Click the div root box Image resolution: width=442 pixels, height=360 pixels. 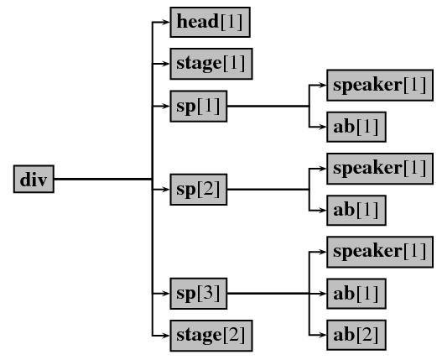(x=34, y=179)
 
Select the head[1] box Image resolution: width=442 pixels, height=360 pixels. (x=210, y=22)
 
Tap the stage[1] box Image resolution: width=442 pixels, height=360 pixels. (x=211, y=64)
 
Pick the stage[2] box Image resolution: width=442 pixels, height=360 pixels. (x=211, y=336)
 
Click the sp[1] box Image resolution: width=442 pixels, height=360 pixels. (x=199, y=107)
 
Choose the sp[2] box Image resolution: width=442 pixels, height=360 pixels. (x=199, y=190)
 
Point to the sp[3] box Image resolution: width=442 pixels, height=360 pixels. (x=199, y=294)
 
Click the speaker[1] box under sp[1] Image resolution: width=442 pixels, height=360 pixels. (x=380, y=85)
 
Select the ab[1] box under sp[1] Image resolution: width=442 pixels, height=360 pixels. (x=356, y=127)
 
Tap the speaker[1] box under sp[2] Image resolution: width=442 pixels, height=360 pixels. (x=380, y=169)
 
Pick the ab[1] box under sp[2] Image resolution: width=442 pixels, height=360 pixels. (x=356, y=210)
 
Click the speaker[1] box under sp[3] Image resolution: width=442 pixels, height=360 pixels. (x=380, y=252)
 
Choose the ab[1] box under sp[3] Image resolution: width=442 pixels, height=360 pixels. (x=356, y=294)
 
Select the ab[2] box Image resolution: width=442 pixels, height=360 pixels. (x=356, y=335)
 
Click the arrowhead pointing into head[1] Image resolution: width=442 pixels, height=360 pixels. (x=166, y=22)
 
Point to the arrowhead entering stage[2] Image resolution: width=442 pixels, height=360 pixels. (x=166, y=336)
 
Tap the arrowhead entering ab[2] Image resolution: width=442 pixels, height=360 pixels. (x=323, y=335)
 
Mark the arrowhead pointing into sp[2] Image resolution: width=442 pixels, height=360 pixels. (x=166, y=190)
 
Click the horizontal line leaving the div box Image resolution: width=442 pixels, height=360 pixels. (x=103, y=179)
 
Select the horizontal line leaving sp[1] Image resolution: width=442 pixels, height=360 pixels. (x=268, y=107)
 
